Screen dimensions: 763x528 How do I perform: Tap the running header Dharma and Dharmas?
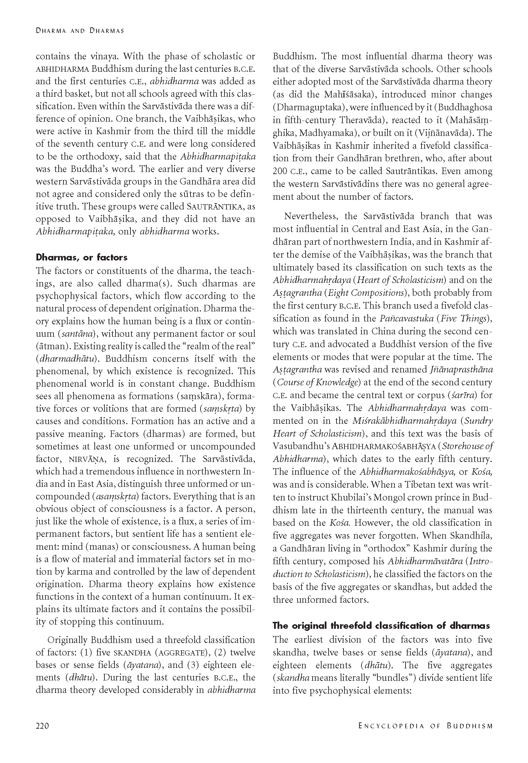(x=80, y=31)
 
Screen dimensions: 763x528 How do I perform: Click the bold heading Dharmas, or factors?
(x=82, y=257)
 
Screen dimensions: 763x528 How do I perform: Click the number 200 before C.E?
(x=280, y=171)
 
